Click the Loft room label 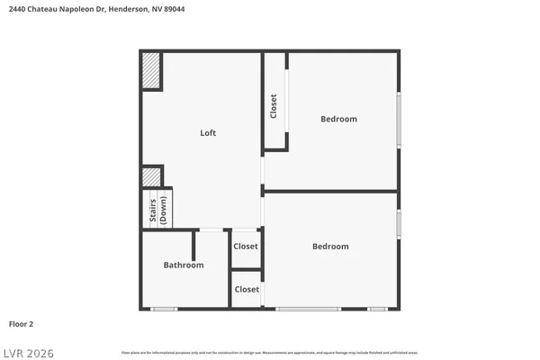[208, 133]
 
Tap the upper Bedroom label [338, 119]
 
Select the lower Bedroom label [330, 247]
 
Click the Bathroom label [183, 265]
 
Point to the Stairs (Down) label [157, 209]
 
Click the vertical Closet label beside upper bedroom [274, 106]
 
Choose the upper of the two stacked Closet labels [246, 247]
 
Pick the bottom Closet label [247, 290]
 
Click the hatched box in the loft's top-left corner [151, 72]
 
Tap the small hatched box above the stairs [151, 175]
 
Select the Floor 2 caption [21, 323]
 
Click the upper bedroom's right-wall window [398, 118]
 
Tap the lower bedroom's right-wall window [398, 224]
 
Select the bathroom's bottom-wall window [164, 309]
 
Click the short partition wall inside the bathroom [193, 244]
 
